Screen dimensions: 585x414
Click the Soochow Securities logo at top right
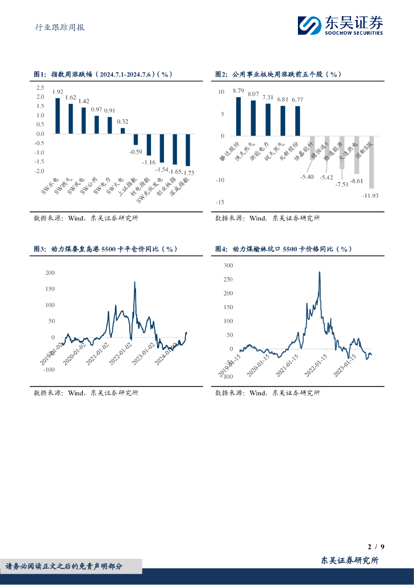(x=340, y=25)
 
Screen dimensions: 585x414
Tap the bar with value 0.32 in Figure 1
(x=122, y=131)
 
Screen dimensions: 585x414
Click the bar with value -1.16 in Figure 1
(x=149, y=145)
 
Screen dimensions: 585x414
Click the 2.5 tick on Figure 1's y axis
(x=40, y=87)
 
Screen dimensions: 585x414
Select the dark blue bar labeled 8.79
(x=238, y=117)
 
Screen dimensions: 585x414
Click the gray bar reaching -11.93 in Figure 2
(x=371, y=162)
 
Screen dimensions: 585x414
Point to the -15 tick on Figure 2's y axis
(x=220, y=202)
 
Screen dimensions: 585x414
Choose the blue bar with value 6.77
(x=297, y=121)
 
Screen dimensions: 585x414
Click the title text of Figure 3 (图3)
(x=106, y=250)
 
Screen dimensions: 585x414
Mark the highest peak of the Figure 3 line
(x=134, y=282)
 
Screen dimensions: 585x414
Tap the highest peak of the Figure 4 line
(x=319, y=272)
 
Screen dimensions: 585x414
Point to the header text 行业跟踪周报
(x=56, y=27)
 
